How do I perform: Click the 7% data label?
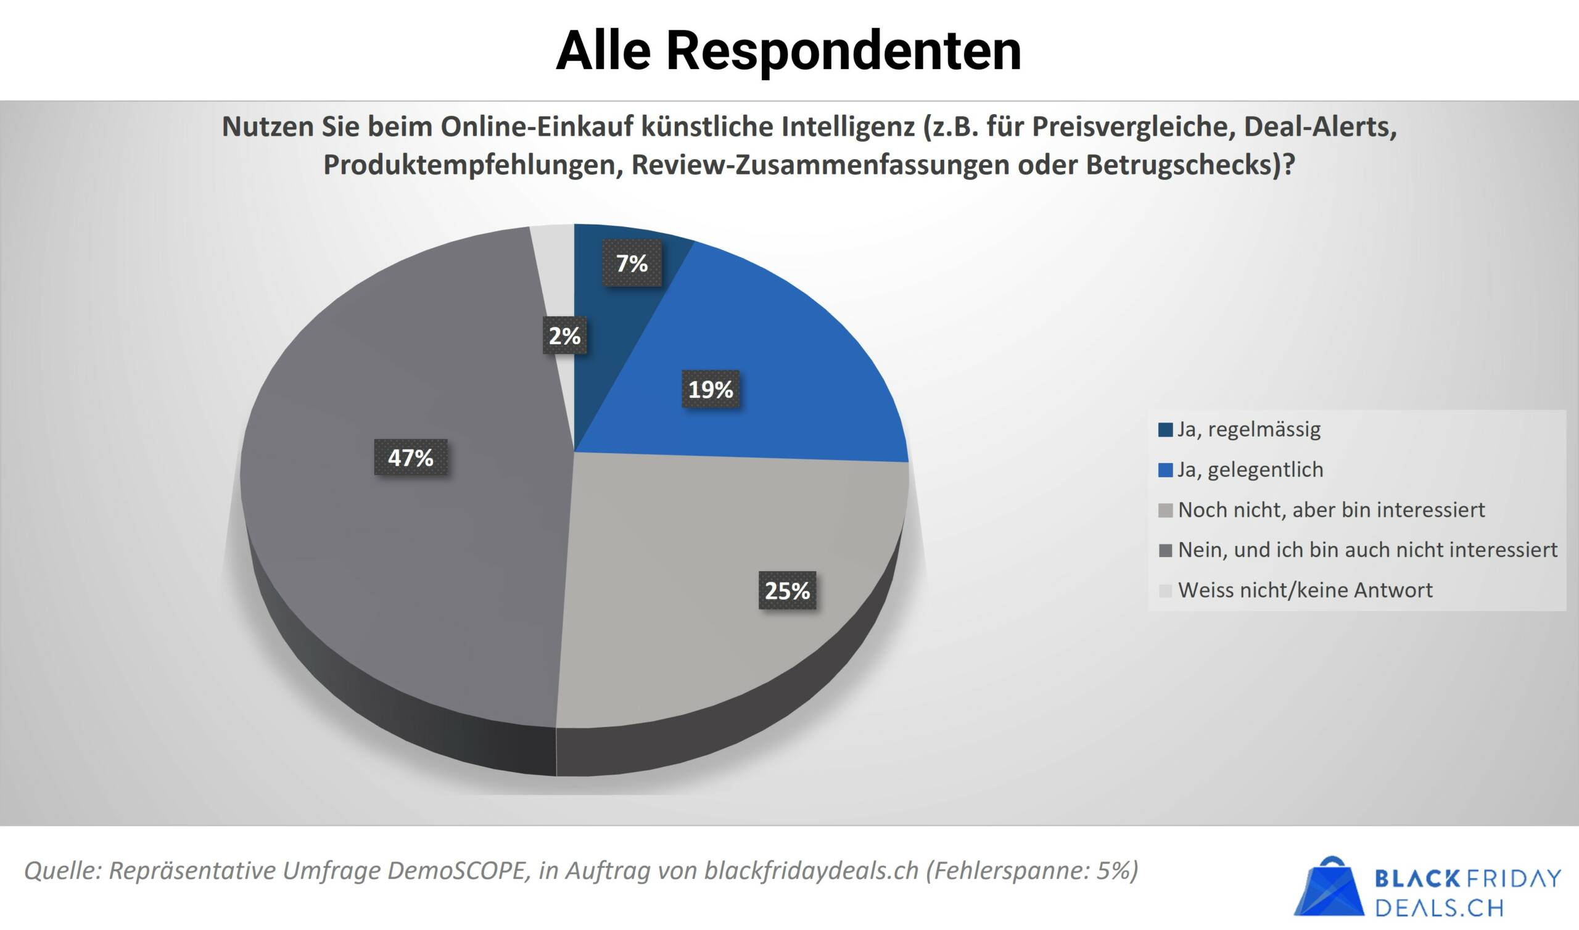coord(632,263)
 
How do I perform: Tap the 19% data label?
coord(711,390)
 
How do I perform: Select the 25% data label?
coord(787,590)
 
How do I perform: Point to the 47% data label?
coord(410,458)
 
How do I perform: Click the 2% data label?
coord(564,336)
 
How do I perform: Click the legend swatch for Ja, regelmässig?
coord(1166,430)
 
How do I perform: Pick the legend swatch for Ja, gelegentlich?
coord(1166,470)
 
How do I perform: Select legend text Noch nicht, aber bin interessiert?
coord(1331,510)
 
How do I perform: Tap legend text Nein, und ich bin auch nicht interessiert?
coord(1367,550)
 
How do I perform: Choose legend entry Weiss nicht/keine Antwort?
coord(1305,590)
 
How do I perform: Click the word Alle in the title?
coord(603,50)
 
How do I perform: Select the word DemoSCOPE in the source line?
coord(458,870)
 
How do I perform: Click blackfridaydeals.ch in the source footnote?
coord(811,870)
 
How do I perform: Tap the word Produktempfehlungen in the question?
coord(471,165)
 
